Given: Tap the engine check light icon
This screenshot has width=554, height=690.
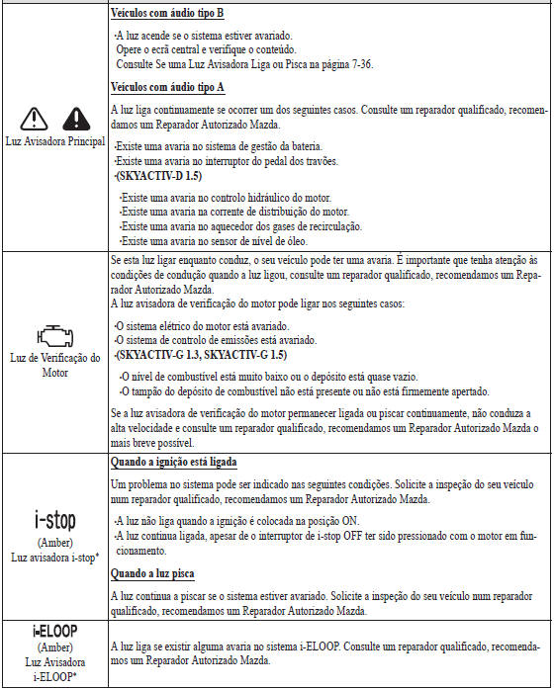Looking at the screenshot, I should tap(54, 333).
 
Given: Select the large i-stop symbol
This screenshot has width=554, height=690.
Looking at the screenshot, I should tap(54, 516).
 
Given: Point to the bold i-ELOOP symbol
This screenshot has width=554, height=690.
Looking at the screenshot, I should tap(54, 630).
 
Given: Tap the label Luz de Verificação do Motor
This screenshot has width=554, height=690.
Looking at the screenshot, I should tap(54, 366).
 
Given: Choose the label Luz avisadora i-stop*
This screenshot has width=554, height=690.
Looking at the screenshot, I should tap(54, 558).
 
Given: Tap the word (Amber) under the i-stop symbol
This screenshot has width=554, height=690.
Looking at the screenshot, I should tap(54, 543).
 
